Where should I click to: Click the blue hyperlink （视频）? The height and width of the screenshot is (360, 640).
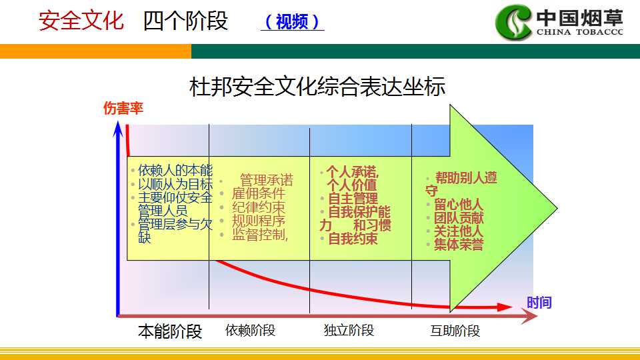click(x=292, y=21)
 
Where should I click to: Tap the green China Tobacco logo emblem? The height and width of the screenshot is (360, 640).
click(x=513, y=22)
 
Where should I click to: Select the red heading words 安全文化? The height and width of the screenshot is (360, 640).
click(x=81, y=21)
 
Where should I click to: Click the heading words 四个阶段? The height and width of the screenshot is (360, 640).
click(x=186, y=21)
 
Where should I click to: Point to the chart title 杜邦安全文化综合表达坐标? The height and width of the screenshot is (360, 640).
click(x=317, y=87)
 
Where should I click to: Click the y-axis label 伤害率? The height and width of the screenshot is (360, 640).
click(x=123, y=108)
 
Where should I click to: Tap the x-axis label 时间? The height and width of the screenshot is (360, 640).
click(x=539, y=303)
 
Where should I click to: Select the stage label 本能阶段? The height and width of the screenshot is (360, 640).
click(x=170, y=331)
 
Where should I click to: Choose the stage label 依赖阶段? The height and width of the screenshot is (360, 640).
click(x=250, y=330)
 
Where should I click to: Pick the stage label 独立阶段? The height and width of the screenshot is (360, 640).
click(x=349, y=330)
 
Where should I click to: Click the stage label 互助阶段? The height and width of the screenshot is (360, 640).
click(x=455, y=331)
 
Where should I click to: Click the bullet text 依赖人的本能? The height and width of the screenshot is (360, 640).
click(x=175, y=170)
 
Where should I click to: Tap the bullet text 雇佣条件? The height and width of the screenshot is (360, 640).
click(x=259, y=193)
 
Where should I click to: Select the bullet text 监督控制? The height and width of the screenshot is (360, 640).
click(x=260, y=234)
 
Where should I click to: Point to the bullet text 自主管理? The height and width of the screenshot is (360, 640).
click(x=353, y=199)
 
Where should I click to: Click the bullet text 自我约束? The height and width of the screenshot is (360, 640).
click(x=353, y=239)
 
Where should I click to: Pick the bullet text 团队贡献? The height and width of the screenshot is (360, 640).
click(x=459, y=217)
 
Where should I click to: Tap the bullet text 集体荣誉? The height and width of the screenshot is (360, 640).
click(x=459, y=245)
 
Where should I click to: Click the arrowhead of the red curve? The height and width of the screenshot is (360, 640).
click(x=505, y=307)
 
